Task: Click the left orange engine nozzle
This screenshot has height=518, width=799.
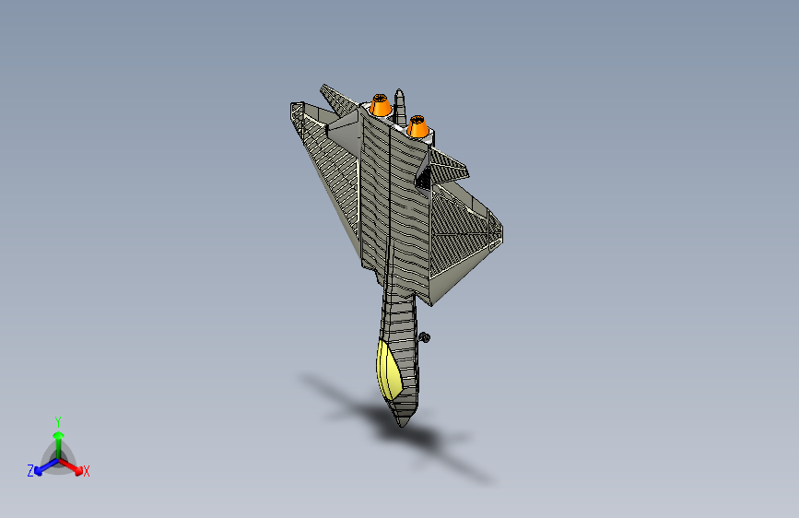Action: pos(380,105)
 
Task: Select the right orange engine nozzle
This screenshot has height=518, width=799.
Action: pos(417,126)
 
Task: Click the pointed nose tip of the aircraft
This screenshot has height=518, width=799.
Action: pos(402,426)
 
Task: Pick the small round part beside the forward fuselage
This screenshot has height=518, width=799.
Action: pos(425,337)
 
